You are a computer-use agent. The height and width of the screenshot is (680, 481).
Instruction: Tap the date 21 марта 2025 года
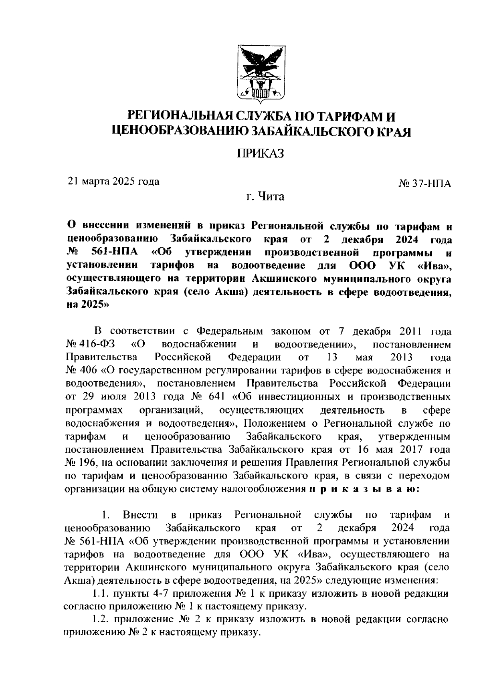[113, 181]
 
